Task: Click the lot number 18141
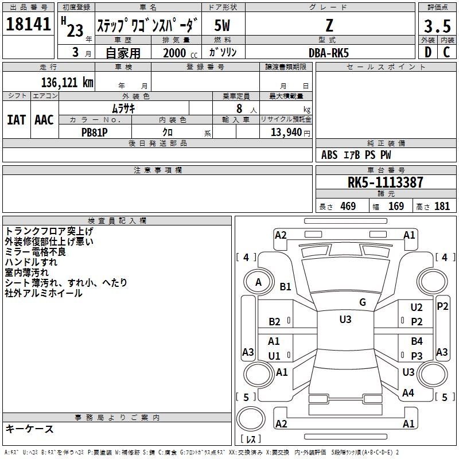28,24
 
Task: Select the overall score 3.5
437,26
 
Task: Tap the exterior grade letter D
428,52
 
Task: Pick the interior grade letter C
446,52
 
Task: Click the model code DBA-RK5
329,53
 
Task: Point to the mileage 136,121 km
67,83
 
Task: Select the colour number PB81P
94,133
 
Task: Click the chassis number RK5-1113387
385,182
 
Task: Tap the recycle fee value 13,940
286,133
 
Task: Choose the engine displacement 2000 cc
180,53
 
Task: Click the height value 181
442,206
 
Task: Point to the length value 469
348,206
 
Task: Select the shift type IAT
17,120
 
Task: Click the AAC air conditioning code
44,120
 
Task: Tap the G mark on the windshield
363,302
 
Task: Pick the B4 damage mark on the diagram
417,341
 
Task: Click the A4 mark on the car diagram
408,393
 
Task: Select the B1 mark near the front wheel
285,286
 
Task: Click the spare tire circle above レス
251,419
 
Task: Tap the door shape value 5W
222,25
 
